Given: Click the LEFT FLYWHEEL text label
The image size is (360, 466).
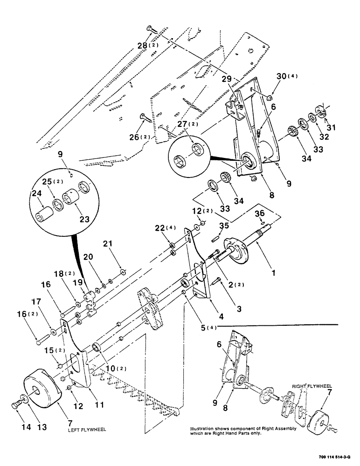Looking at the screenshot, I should [x=85, y=431].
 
